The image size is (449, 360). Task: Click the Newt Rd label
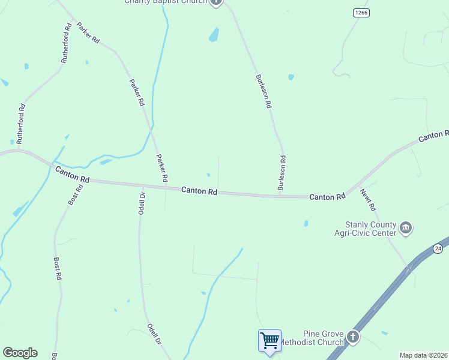(368, 200)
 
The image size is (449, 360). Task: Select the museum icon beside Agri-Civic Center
(406, 227)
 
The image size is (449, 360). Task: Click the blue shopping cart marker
(270, 341)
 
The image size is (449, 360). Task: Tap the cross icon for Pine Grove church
(352, 337)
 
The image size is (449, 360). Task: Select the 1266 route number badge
(361, 13)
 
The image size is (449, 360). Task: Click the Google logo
(20, 353)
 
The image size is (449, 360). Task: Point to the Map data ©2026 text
(423, 355)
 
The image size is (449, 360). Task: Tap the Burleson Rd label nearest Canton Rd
(282, 173)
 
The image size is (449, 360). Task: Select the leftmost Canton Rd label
(72, 175)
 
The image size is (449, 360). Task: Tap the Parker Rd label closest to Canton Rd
(162, 168)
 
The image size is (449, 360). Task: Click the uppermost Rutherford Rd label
(66, 44)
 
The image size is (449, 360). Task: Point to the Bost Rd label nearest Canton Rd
(76, 195)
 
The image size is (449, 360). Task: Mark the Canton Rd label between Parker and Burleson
(199, 191)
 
